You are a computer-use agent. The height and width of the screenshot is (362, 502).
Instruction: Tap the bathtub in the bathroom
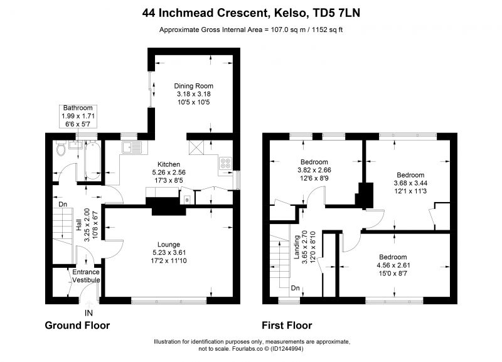pos(93,160)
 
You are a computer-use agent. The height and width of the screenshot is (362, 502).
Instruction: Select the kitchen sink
pos(132,147)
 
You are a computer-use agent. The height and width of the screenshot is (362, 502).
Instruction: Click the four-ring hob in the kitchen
pos(225,163)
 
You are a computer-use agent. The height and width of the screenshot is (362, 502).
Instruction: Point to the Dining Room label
pos(193,86)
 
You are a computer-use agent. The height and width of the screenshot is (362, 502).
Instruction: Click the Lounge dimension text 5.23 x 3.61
pos(168,253)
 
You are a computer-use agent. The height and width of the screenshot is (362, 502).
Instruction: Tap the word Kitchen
pos(169,164)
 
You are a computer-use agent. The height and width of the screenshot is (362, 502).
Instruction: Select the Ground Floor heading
pos(77,325)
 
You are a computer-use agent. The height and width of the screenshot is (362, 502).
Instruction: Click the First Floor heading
pos(287,325)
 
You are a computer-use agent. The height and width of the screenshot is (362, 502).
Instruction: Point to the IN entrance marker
pos(88,313)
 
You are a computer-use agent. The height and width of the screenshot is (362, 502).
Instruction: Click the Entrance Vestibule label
pos(86,276)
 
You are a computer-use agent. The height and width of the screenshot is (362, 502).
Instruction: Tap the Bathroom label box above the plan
pos(78,116)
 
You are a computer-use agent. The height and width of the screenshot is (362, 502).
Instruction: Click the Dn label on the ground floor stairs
pos(63,204)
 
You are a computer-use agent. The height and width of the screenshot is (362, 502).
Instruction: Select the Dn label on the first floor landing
pos(295,288)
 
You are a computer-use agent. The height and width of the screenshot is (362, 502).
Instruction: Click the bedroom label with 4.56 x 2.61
pos(393,265)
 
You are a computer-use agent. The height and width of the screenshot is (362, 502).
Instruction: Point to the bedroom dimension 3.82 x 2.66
pos(314,170)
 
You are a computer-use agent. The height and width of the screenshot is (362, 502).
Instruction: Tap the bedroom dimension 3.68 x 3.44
pos(410,183)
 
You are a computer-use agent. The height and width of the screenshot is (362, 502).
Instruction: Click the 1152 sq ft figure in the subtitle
pos(327,29)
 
